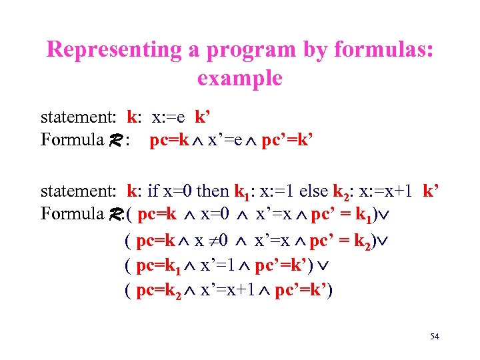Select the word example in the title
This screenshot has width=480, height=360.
[x=239, y=78]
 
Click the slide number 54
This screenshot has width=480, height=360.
[x=434, y=337]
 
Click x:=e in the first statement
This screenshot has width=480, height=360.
[x=169, y=118]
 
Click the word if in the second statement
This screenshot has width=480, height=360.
[x=152, y=191]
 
